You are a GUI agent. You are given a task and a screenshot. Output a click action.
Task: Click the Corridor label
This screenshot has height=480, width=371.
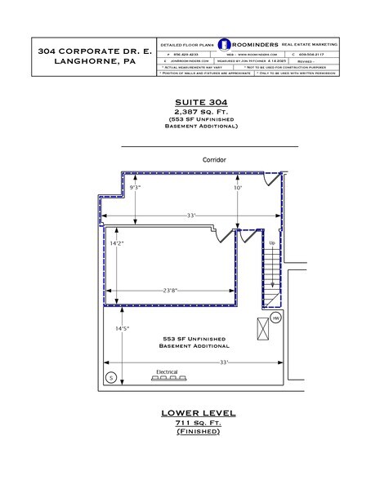point(214,160)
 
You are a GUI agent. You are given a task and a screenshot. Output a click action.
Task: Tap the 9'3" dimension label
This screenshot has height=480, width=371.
point(136,188)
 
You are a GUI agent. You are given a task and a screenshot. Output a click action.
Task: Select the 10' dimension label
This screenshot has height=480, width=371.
point(238,188)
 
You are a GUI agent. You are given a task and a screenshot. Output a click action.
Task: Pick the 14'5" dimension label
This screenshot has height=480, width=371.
point(121,328)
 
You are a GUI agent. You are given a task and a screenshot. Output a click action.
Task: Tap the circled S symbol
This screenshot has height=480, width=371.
point(111,376)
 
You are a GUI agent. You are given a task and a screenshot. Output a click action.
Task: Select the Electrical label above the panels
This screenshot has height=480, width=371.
point(167,369)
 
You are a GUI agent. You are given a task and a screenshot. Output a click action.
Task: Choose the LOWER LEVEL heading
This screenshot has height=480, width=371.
point(198,414)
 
